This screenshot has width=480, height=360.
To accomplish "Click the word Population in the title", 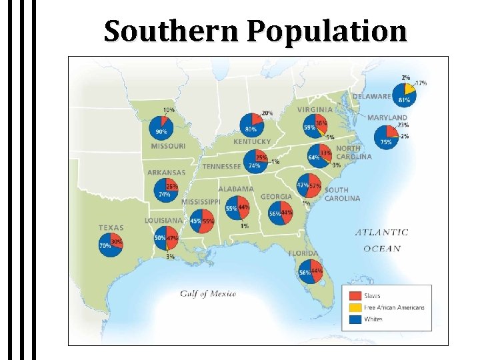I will [327, 31].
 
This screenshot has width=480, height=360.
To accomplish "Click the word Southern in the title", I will [175, 31].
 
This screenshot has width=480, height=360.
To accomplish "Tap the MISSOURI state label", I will [168, 146].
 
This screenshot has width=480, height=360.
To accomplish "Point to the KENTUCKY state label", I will [252, 141].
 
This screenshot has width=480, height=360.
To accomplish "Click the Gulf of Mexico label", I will [207, 294].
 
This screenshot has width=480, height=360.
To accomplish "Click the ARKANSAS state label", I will [166, 172].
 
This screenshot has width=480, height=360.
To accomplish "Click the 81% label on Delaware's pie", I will [403, 100].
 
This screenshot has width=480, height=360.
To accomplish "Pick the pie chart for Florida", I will [311, 272].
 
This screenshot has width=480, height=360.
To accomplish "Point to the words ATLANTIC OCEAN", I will [381, 240].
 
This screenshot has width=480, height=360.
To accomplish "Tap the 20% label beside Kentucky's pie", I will [267, 113].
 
